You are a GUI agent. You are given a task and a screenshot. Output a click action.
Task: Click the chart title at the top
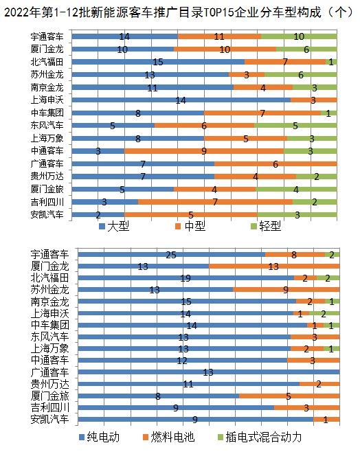(x=179, y=12)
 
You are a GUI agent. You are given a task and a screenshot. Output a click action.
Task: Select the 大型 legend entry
(x=114, y=226)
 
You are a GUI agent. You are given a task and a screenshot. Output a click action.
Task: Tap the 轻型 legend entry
(x=266, y=226)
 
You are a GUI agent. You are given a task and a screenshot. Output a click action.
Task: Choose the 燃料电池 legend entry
(x=169, y=438)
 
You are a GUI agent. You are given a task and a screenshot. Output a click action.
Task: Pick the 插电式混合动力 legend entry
(x=260, y=438)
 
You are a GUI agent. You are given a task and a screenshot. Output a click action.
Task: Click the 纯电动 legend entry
(x=100, y=438)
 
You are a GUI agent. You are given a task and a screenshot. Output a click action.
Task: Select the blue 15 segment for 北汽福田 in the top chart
(x=158, y=62)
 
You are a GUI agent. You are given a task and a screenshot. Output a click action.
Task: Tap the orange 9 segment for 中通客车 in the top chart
(x=204, y=151)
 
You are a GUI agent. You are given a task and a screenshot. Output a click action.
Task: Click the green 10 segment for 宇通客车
(x=299, y=36)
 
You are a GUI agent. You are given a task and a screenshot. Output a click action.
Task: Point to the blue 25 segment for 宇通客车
(x=172, y=255)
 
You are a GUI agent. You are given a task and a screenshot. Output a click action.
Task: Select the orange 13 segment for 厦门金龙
(x=274, y=266)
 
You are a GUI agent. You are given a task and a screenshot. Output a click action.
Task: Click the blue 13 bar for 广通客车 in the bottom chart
(x=209, y=372)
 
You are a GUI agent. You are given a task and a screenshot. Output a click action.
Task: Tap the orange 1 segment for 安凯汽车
(x=326, y=419)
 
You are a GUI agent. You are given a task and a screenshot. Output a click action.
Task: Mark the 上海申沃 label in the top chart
(x=47, y=100)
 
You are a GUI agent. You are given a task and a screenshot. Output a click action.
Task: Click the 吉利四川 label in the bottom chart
(x=50, y=407)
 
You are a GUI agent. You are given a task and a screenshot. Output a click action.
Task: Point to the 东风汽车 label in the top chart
(x=47, y=126)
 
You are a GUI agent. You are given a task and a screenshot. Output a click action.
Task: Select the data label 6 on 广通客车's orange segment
(x=275, y=164)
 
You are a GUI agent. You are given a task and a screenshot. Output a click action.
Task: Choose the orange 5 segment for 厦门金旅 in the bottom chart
(x=289, y=396)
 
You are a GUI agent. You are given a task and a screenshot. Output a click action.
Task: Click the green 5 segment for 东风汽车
(x=295, y=126)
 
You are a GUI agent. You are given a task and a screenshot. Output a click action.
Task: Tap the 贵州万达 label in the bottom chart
(x=50, y=384)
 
